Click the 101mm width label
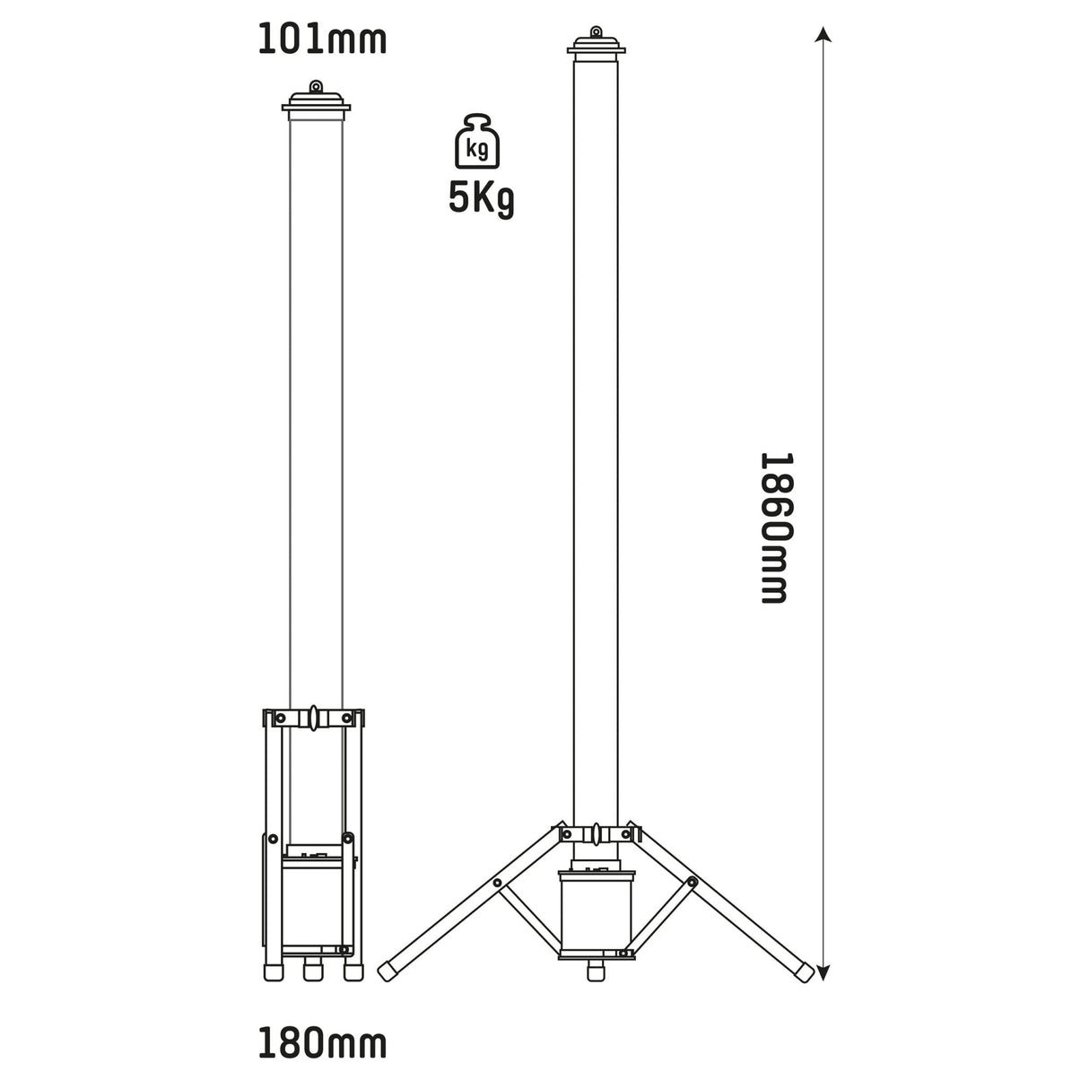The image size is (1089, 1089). click(x=322, y=40)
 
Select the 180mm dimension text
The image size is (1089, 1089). click(x=322, y=1044)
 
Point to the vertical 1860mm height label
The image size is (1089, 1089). click(x=773, y=527)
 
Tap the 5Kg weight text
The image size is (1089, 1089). click(x=481, y=200)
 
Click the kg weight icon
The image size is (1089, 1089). click(x=478, y=142)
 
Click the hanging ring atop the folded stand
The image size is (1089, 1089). click(x=315, y=87)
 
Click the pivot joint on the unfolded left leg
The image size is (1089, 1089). click(x=497, y=884)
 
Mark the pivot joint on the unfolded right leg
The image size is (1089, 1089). click(x=691, y=884)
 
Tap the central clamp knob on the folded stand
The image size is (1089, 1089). click(x=314, y=718)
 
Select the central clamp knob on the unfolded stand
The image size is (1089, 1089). click(x=593, y=833)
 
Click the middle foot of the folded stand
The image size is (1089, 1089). click(x=313, y=971)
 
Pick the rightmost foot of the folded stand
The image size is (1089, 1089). click(x=353, y=971)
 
